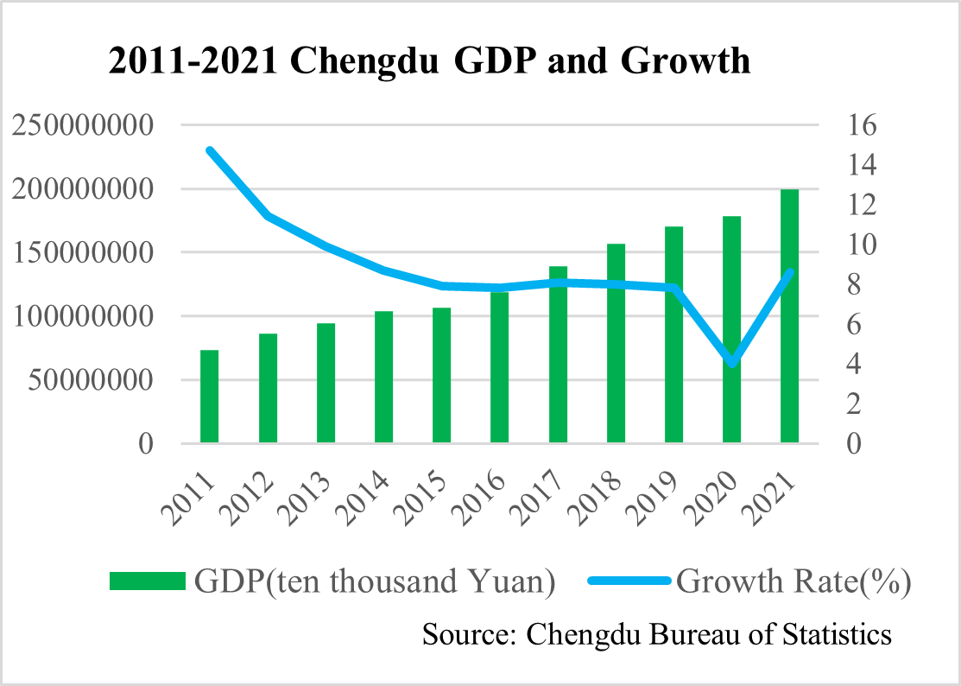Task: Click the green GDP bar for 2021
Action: [x=790, y=316]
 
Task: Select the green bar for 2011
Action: [x=209, y=397]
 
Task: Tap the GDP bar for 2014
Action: [x=383, y=378]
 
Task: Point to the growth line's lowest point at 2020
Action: [x=733, y=363]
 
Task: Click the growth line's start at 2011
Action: [x=210, y=150]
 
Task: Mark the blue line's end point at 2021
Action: [x=790, y=272]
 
